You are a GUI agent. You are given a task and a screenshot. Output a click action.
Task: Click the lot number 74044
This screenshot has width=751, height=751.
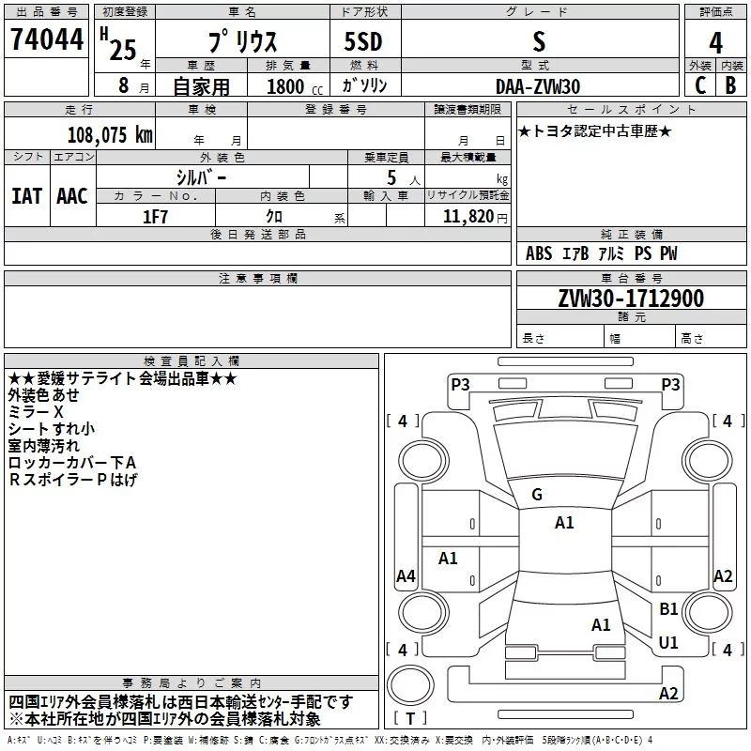47,38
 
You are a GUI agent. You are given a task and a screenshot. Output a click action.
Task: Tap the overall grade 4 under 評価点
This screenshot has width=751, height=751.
715,42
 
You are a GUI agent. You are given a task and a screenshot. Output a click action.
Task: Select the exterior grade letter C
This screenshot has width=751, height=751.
700,85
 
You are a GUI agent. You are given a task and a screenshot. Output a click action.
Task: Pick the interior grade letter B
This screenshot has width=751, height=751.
730,85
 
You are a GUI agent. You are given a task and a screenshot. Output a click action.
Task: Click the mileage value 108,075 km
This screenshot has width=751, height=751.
110,135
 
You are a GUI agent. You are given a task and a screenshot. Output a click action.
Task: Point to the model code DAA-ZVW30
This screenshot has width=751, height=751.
538,86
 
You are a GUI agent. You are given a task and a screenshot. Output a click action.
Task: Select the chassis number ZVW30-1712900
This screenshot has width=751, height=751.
631,299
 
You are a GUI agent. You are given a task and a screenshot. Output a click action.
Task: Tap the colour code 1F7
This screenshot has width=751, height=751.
155,217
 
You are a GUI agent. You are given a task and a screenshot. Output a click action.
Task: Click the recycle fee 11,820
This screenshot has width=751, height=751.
467,217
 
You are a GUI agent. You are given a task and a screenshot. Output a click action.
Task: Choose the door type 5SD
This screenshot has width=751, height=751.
363,41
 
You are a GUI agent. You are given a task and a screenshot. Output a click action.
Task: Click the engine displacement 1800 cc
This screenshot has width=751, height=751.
295,86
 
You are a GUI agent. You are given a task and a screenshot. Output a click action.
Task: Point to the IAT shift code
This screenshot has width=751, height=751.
27,196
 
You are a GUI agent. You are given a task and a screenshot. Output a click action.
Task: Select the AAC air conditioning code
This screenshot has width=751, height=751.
72,196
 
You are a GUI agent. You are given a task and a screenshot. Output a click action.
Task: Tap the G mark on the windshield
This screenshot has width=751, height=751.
537,495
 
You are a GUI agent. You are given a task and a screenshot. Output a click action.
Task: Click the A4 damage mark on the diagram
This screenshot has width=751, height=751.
406,575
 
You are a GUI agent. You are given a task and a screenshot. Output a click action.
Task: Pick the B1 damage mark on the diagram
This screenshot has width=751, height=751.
668,608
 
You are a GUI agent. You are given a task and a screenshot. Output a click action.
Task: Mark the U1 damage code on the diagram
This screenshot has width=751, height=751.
668,642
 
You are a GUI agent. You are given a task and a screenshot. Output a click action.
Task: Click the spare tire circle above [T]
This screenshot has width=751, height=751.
410,685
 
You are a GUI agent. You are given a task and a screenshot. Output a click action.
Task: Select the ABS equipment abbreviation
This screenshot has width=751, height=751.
539,253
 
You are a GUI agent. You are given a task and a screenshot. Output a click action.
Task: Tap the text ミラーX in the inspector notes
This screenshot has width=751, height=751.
36,412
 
